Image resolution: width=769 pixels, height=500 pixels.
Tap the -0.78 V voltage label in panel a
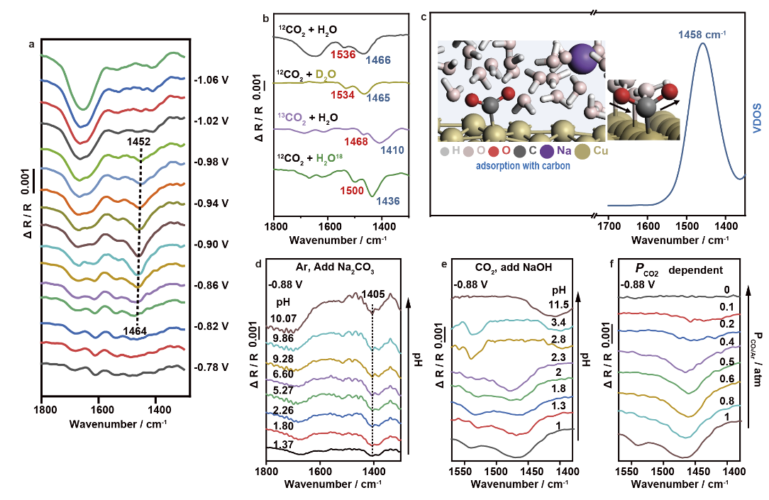click(x=209, y=367)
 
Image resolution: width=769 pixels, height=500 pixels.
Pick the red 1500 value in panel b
click(x=345, y=189)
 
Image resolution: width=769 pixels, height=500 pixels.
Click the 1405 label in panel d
click(x=373, y=294)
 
